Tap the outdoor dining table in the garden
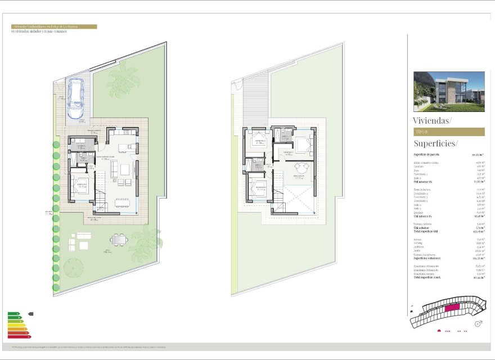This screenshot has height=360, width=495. (x=119, y=240)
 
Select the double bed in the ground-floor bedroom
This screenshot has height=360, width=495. (x=79, y=184)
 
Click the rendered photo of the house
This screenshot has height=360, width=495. (x=449, y=92)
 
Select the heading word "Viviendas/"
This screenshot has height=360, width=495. (x=432, y=120)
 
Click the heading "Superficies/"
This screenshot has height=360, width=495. (x=436, y=143)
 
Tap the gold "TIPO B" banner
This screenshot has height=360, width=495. (x=449, y=132)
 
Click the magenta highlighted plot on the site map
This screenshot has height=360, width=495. (x=452, y=308)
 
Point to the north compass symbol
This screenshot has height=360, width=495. (x=479, y=323)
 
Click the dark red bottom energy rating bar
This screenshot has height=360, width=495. (x=19, y=336)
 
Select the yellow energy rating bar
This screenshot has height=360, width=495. (x=16, y=323)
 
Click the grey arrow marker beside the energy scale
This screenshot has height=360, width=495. (x=30, y=314)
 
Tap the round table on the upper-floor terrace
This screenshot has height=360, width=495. (x=299, y=166)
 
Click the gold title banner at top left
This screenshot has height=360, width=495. (x=54, y=26)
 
